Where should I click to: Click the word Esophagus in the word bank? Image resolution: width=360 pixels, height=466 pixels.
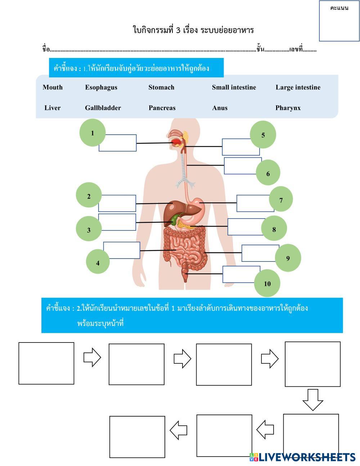click(101, 88)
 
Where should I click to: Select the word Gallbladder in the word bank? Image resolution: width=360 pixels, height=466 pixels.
click(103, 108)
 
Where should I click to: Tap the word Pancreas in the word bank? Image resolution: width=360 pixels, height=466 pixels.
click(162, 108)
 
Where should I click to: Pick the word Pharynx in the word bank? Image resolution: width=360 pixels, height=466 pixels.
click(288, 108)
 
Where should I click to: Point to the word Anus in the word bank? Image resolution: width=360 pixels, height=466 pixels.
click(220, 108)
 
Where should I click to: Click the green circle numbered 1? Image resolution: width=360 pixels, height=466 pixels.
click(93, 133)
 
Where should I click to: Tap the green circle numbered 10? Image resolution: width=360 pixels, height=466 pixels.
click(267, 283)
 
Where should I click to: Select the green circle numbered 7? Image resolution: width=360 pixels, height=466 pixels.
click(281, 200)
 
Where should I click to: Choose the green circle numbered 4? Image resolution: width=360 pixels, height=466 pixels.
click(98, 262)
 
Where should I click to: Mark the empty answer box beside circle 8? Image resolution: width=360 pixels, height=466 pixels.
click(246, 227)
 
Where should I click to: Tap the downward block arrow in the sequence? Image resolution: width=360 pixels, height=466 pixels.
click(312, 399)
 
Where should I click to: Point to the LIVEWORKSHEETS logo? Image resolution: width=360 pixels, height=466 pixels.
click(302, 457)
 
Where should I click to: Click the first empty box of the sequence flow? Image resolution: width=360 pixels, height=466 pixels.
click(46, 363)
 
